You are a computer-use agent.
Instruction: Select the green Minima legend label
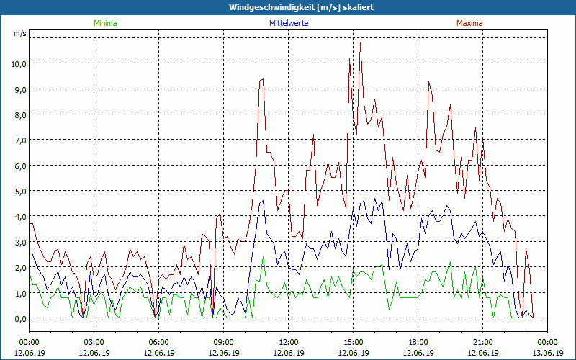(x=105, y=23)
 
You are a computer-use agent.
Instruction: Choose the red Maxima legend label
(x=469, y=23)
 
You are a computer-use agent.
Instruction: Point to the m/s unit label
(x=19, y=34)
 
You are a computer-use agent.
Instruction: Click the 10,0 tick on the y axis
(x=18, y=63)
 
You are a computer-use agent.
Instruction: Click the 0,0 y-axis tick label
(x=19, y=318)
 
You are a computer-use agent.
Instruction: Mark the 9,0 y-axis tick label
(x=19, y=89)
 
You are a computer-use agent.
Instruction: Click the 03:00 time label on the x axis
(x=94, y=342)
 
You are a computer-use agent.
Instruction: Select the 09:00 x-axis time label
(x=224, y=342)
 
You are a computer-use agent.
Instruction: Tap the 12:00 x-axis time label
(x=289, y=342)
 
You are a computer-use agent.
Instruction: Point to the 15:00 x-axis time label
(x=354, y=342)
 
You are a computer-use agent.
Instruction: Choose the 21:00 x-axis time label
(x=483, y=342)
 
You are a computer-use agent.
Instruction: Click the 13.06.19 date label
(x=547, y=353)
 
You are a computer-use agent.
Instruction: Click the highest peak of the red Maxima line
(x=360, y=43)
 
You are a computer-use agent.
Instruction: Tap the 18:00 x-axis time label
(x=418, y=342)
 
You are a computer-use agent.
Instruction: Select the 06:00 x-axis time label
(x=159, y=342)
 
